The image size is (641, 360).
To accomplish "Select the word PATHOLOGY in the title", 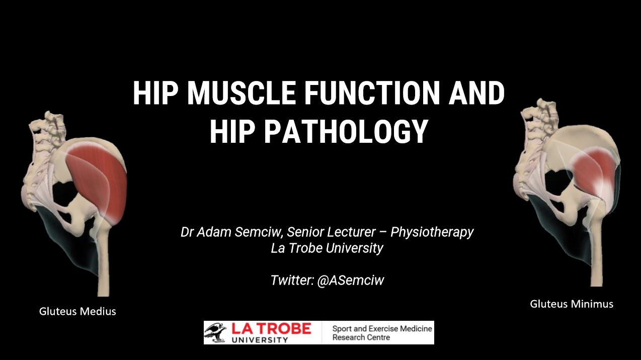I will tap(346, 131).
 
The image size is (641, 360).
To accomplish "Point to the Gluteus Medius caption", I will tap(77, 311).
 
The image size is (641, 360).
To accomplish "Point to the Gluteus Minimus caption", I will tap(571, 304).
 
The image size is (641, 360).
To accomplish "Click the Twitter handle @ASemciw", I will tap(350, 280).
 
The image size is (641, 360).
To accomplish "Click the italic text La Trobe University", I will tap(327, 248).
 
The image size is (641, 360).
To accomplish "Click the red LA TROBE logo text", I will tap(271, 329).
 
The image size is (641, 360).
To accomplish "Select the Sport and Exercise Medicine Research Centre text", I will tap(381, 333).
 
